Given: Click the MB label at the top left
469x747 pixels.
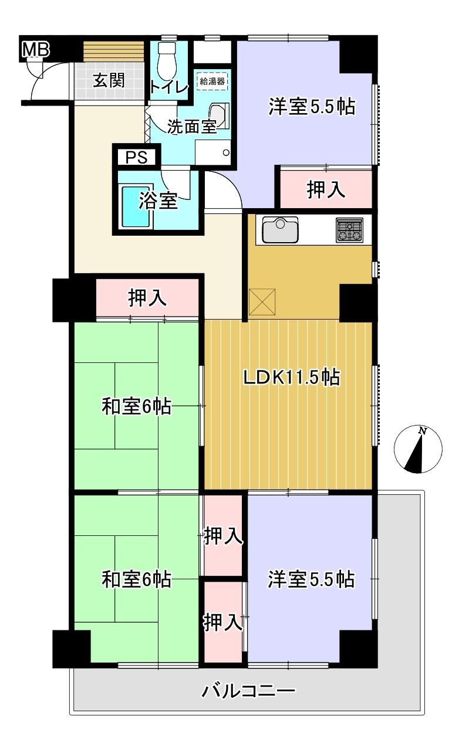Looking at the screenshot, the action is pos(35,49).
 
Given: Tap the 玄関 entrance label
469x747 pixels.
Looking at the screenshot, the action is pos(109,80).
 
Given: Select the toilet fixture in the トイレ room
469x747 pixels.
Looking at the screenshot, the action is pos(166,60).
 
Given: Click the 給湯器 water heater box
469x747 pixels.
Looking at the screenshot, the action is pos(212,82).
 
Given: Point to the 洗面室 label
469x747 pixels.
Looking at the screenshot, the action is pos(192,127).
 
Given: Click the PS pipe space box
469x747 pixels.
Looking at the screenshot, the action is pos(137,157).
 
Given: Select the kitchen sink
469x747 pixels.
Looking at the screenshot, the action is pos(280,230).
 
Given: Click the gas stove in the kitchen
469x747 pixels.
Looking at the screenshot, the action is pos(349,230).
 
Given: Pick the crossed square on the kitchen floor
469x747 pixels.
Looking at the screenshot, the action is pos(262,302).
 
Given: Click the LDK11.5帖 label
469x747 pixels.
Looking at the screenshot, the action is pos(291,378).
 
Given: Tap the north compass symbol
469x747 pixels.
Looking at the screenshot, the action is pos(418,449).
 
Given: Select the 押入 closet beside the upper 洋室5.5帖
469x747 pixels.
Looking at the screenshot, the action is pos(326,189).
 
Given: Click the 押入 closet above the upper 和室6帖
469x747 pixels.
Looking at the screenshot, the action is pos(147,298).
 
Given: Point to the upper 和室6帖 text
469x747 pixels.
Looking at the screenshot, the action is pos(137,407).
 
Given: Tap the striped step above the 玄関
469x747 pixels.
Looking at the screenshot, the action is pos(113,52).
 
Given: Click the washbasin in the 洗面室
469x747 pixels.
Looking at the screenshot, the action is pos(219,116).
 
